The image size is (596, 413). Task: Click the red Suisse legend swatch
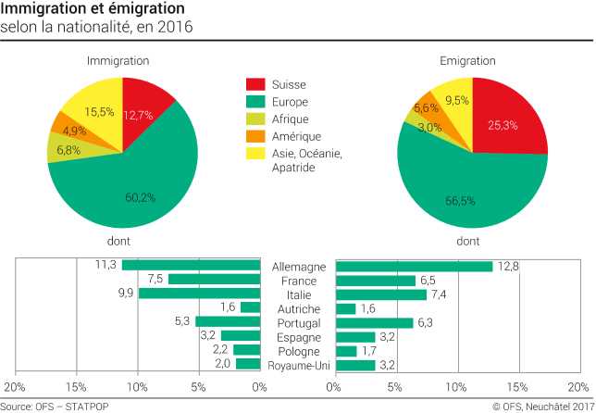[255, 85]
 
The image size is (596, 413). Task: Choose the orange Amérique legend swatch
[255, 135]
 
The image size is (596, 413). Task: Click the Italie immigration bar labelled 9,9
[200, 294]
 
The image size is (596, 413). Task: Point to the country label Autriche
[297, 308]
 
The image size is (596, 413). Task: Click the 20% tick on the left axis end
[15, 386]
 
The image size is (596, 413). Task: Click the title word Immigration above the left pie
[118, 60]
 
